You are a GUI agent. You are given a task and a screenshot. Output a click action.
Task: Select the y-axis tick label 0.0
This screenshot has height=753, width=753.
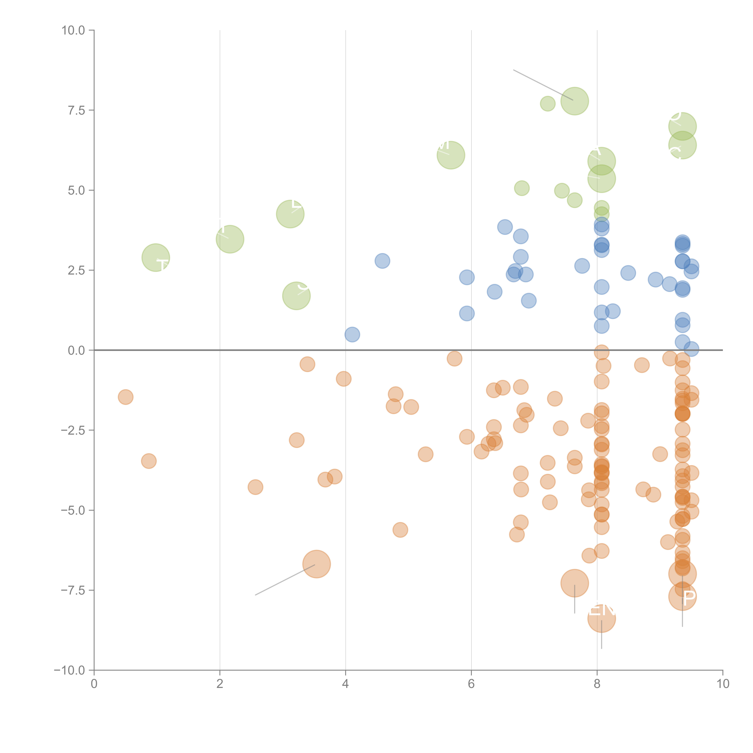tap(76, 350)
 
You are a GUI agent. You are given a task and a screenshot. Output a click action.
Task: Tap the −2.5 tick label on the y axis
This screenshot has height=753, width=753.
tap(73, 430)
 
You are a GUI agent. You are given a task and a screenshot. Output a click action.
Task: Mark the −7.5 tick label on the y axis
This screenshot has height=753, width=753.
tap(73, 591)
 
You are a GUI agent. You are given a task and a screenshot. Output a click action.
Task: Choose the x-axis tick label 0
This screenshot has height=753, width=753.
tap(94, 684)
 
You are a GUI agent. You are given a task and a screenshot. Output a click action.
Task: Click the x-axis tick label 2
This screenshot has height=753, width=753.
tap(220, 684)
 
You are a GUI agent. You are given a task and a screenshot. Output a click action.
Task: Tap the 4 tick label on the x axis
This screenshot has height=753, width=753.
tap(345, 684)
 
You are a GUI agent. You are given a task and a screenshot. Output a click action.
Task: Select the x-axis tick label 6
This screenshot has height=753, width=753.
tap(471, 684)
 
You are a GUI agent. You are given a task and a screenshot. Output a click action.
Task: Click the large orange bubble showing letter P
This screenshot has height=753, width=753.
tap(682, 597)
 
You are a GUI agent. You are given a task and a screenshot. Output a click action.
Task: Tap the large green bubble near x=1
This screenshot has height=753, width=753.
tap(156, 258)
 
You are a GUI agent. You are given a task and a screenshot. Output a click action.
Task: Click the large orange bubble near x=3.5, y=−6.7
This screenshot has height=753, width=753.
tap(316, 564)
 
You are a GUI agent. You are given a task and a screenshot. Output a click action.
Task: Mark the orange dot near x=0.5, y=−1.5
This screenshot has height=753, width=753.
tap(125, 397)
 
